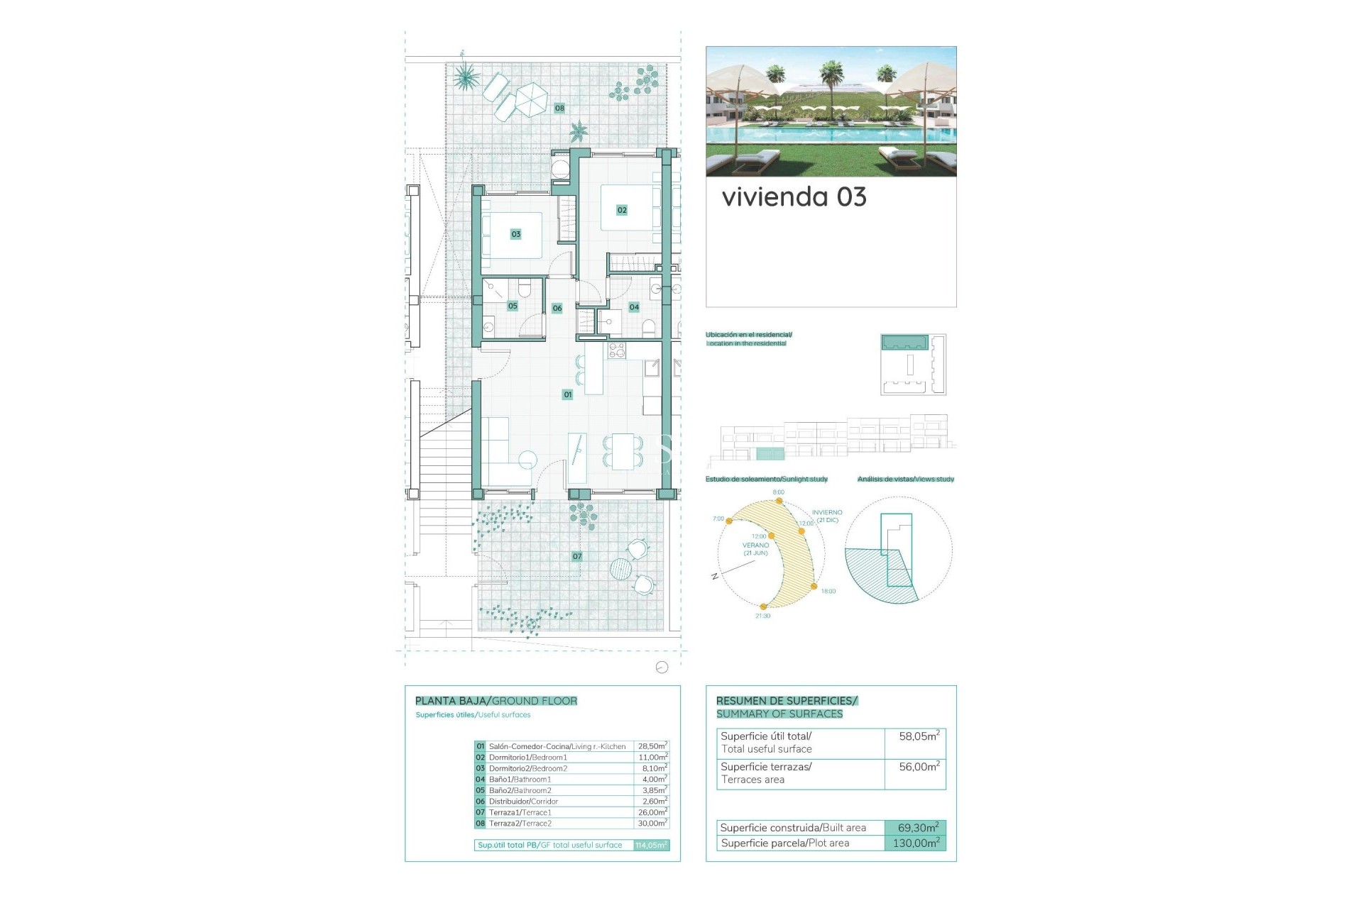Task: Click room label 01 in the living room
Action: click(x=567, y=394)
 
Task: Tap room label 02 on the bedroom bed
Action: click(x=622, y=210)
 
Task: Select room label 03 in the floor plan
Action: click(x=516, y=234)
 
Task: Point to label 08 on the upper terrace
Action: click(x=559, y=109)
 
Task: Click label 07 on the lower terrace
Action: click(x=577, y=557)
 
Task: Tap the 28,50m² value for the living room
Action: click(x=652, y=746)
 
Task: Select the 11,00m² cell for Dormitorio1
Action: click(x=652, y=758)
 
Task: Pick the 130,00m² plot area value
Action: click(x=915, y=843)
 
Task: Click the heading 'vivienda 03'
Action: click(x=794, y=197)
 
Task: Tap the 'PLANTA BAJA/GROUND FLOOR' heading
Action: click(x=496, y=701)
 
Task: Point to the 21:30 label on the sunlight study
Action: click(x=762, y=616)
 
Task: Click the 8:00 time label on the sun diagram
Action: click(x=778, y=492)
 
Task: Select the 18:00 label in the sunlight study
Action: click(x=828, y=591)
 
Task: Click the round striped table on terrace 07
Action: click(x=620, y=568)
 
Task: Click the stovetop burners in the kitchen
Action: click(x=616, y=350)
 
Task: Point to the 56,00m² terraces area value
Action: click(x=919, y=767)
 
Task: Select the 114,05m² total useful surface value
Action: click(x=651, y=846)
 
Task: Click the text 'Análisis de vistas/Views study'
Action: click(x=905, y=480)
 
